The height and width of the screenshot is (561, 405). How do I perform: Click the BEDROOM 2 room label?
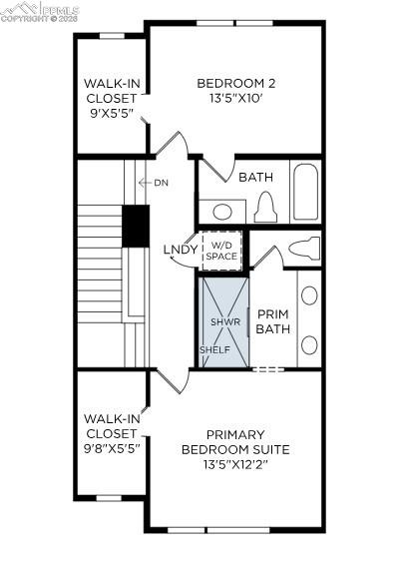click(235, 83)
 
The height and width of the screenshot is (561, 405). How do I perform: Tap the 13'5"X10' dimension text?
click(235, 99)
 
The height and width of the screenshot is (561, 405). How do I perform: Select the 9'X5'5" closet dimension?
click(111, 115)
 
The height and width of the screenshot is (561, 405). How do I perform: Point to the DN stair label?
click(162, 183)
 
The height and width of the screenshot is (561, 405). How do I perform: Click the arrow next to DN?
click(145, 183)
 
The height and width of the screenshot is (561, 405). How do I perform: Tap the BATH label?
click(255, 177)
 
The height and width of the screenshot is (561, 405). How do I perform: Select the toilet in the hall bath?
click(265, 208)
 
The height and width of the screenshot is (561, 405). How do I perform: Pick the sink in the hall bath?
click(223, 212)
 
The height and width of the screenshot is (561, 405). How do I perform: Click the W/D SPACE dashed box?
click(221, 250)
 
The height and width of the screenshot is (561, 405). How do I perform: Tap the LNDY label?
click(178, 250)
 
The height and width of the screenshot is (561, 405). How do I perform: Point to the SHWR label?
click(220, 322)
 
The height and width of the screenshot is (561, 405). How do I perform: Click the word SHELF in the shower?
click(214, 350)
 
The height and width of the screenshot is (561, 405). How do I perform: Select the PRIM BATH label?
click(271, 320)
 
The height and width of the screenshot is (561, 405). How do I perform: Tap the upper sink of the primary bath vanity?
click(309, 295)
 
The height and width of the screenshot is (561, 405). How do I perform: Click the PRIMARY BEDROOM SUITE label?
click(235, 442)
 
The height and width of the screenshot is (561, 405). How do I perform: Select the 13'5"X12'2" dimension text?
click(235, 464)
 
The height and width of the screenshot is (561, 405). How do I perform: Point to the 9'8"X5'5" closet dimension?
click(111, 448)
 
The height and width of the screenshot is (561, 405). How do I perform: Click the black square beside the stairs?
click(135, 225)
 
